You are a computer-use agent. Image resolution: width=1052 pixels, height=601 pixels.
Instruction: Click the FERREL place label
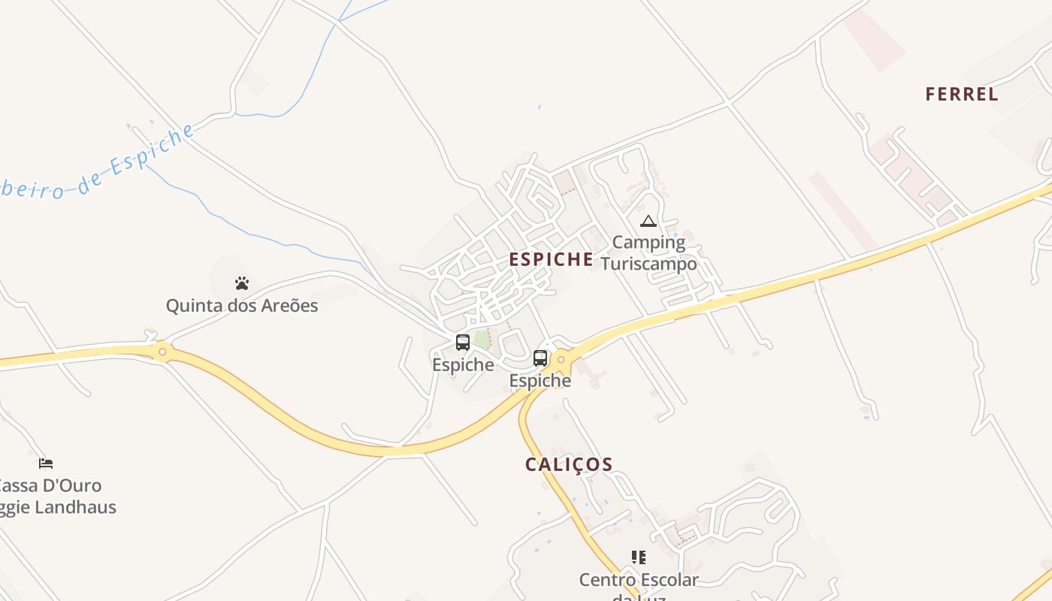[x=961, y=94]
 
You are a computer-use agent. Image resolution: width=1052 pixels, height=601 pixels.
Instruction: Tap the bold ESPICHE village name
[x=551, y=259]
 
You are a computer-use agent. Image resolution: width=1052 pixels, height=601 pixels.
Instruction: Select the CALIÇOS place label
[x=569, y=464]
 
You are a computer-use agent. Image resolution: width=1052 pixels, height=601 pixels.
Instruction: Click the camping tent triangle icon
[x=648, y=221]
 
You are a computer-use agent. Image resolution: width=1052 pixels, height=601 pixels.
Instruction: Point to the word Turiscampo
[x=648, y=264]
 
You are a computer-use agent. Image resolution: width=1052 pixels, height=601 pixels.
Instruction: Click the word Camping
[x=648, y=242]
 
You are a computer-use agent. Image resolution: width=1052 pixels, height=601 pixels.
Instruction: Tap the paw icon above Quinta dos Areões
[x=241, y=283]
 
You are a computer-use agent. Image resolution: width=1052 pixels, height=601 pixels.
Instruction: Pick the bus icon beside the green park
[x=463, y=343]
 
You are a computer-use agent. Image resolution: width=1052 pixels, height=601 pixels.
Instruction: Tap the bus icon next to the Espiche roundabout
[x=540, y=358]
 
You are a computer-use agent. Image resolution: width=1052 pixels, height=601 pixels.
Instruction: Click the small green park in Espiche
[x=482, y=340]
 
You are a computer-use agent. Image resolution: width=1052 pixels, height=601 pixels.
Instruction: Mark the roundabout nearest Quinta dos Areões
[x=162, y=351]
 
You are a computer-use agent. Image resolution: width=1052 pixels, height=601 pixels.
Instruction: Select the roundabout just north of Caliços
[x=561, y=361]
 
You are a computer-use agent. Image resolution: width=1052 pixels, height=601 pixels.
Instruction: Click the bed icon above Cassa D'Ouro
[x=46, y=463]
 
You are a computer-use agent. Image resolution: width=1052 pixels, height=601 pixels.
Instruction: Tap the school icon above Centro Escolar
[x=639, y=557]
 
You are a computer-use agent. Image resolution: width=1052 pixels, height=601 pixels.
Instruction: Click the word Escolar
[x=668, y=580]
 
